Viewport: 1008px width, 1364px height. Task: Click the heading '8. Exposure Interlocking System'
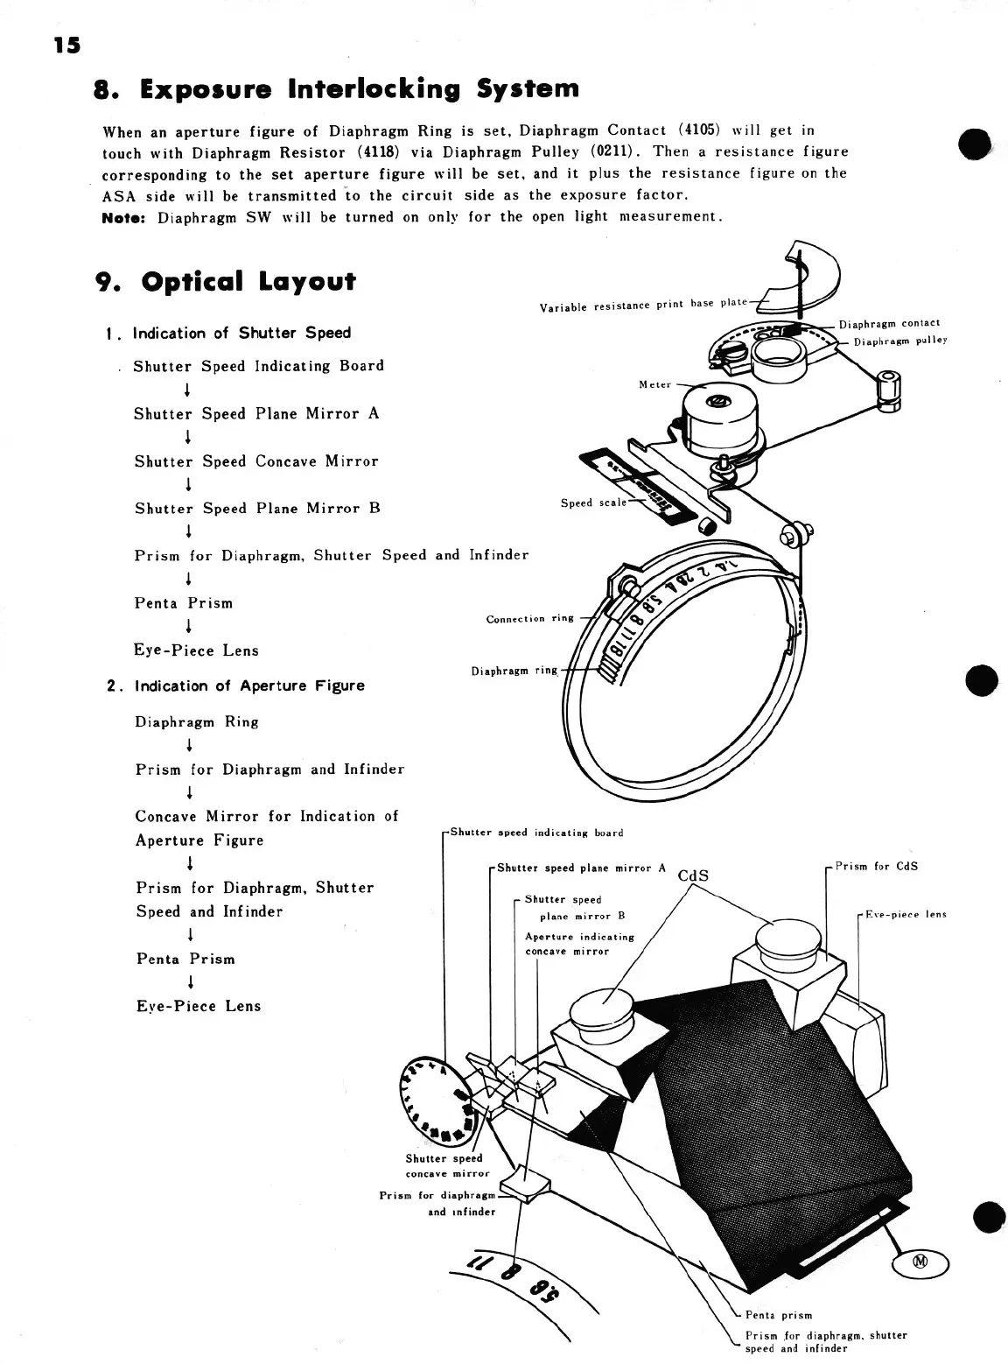point(336,88)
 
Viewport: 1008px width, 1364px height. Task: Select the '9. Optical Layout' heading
point(225,281)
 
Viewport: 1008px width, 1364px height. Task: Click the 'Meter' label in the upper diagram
point(654,384)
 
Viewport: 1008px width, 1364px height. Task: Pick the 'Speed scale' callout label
point(593,503)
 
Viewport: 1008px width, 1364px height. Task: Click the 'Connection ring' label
point(529,619)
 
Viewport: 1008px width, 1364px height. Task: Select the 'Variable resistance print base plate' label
point(643,305)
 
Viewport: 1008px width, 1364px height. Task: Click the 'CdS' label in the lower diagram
point(693,875)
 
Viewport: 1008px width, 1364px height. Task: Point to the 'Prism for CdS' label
point(876,867)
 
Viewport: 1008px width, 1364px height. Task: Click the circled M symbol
point(920,1262)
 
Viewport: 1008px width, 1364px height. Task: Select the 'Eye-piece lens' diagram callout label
point(906,914)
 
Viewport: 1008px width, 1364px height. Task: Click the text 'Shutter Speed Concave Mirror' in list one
point(256,461)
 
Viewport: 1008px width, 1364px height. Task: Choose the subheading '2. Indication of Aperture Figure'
point(235,686)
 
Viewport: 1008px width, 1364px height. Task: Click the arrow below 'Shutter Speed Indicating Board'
point(187,390)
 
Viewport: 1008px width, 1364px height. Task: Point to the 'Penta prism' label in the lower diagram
point(778,1314)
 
